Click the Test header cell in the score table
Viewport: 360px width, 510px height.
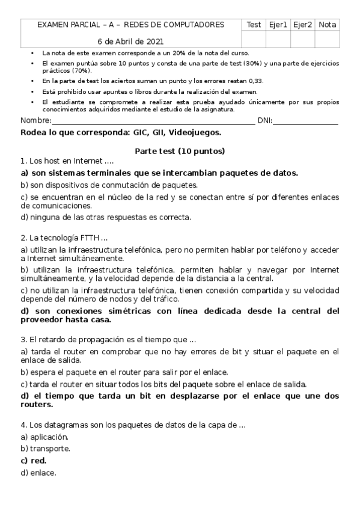(x=254, y=25)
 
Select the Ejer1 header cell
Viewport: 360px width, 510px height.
(x=279, y=25)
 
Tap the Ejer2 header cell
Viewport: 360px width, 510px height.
(x=303, y=25)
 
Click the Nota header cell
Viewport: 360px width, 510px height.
(x=328, y=25)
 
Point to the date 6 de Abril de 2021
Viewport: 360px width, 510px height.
(x=130, y=41)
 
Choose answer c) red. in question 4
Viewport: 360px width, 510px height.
(x=34, y=460)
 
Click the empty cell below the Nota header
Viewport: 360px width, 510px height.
(x=328, y=39)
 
